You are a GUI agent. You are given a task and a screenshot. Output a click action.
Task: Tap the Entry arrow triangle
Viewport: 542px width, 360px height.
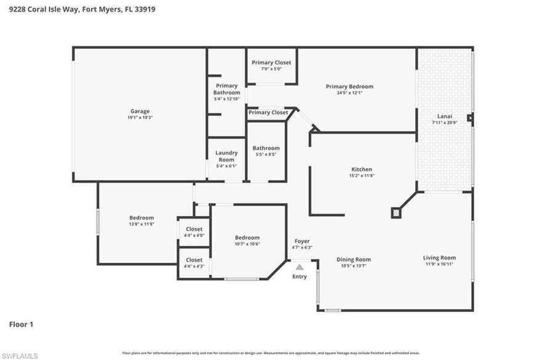click(299, 267)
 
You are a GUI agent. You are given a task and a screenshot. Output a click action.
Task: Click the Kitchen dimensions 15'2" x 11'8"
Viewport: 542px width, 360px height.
click(362, 176)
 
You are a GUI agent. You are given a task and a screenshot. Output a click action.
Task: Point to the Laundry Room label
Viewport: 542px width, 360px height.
click(227, 156)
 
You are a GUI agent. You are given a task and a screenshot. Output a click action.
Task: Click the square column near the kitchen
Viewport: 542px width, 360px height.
click(396, 213)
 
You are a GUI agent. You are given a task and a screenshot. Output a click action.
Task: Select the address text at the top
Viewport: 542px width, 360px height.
click(82, 9)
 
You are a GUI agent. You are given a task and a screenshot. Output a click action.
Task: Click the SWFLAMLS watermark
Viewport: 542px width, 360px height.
click(19, 355)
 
